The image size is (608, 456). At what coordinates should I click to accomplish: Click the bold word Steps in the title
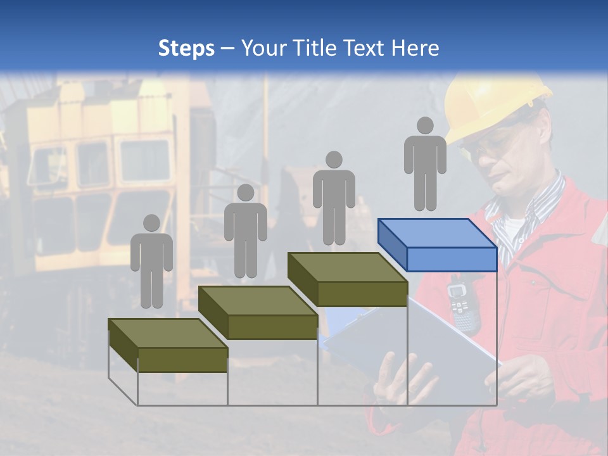coord(186,48)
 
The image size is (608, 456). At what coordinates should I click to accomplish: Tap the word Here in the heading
coord(415,48)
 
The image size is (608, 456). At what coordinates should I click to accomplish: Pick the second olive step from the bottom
coord(258,313)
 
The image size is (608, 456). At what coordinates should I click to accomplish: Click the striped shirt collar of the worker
coord(538,209)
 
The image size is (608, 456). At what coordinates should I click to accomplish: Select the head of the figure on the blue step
coord(426,125)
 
